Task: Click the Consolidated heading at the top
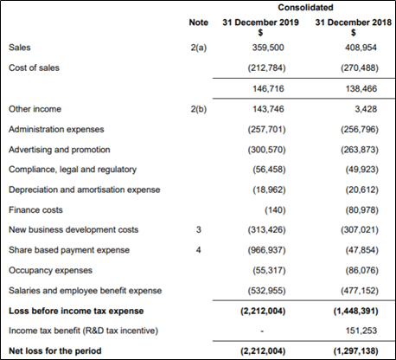pos(305,7)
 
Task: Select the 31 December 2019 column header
pos(260,22)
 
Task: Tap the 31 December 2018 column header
pos(354,22)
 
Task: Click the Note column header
pos(199,22)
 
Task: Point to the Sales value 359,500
pos(268,48)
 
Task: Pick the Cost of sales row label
pos(34,67)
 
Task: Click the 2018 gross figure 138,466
pos(361,88)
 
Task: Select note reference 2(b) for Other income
pos(199,109)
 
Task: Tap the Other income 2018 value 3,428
pos(366,109)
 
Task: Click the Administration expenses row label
pos(56,129)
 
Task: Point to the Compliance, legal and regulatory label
pos(73,170)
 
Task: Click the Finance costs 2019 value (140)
pos(275,210)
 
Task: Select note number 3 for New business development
pos(199,230)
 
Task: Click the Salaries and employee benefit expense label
pos(85,291)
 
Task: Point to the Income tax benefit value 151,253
pos(361,331)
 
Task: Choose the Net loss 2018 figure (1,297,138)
pos(356,351)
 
